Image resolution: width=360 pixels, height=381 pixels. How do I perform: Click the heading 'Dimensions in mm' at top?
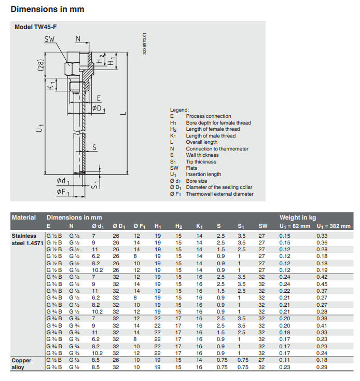[47, 9]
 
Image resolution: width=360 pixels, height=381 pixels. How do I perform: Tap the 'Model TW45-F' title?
[35, 28]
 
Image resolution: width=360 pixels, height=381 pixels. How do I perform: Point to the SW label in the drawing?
[50, 39]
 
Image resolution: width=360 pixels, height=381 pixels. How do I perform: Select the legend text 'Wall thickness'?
[202, 155]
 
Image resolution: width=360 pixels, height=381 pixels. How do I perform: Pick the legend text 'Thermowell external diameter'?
[220, 194]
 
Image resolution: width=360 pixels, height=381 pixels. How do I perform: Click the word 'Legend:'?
[179, 110]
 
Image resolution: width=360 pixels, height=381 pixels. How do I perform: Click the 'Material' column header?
[24, 217]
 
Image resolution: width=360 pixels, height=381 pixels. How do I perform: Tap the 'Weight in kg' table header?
[298, 217]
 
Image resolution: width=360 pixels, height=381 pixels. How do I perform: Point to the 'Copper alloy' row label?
[22, 363]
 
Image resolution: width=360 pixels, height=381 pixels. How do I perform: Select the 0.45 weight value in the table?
[322, 284]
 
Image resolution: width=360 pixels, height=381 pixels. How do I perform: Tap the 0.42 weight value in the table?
[322, 277]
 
